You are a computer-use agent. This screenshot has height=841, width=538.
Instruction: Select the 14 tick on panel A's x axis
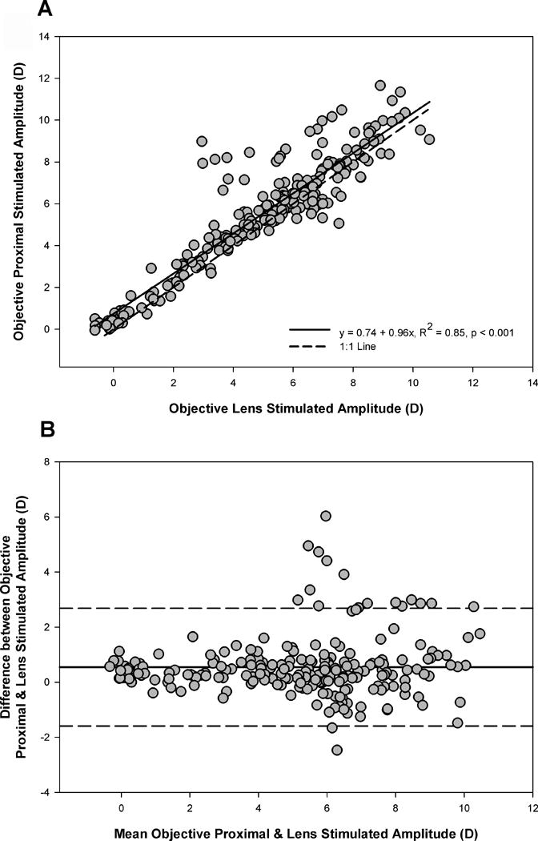[532, 382]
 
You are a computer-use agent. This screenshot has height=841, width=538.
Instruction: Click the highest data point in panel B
[325, 516]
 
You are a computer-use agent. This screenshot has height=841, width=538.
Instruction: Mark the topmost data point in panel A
[381, 86]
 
